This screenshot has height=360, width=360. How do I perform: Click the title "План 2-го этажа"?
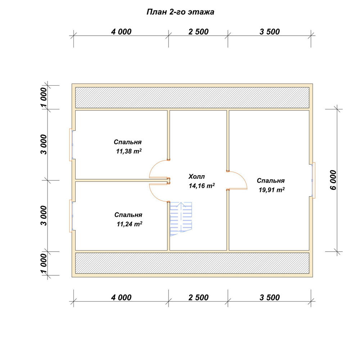point(180,12)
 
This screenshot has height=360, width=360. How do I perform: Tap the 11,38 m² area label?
point(129,151)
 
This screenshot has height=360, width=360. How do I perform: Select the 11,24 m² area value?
point(130,224)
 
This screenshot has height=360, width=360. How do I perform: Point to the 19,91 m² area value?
point(271,190)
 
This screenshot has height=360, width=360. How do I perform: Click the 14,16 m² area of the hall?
point(202,186)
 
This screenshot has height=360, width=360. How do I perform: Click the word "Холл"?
point(197,176)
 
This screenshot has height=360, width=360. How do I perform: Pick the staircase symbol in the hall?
point(181,219)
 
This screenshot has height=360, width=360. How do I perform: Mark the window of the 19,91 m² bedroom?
point(314,180)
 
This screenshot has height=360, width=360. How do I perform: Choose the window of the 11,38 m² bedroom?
point(71,145)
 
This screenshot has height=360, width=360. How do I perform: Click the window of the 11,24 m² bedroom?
point(71,216)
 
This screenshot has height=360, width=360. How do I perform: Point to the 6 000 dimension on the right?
point(333,180)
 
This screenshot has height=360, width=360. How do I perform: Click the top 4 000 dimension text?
point(121,32)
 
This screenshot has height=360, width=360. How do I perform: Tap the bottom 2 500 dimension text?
point(199,297)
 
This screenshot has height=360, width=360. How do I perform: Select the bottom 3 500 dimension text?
point(270,297)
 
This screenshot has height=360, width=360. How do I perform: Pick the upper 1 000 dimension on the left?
point(44,97)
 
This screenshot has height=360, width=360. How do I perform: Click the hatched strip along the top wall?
point(192,97)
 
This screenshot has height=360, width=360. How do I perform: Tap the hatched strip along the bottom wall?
point(192,263)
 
